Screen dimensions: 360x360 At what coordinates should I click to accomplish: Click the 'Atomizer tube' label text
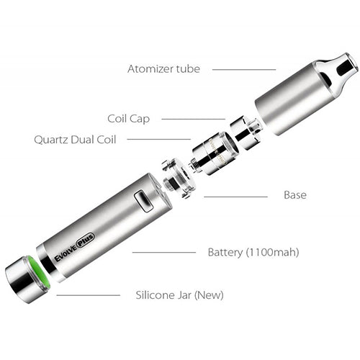point(163,69)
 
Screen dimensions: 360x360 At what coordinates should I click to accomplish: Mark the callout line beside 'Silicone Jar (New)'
point(88,294)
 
